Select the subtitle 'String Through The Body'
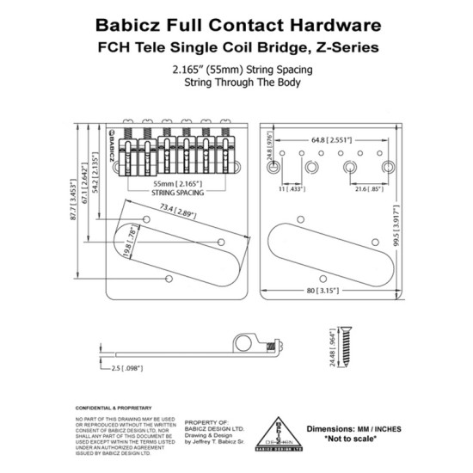coord(236,83)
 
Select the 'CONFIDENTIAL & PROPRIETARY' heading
coord(114,407)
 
